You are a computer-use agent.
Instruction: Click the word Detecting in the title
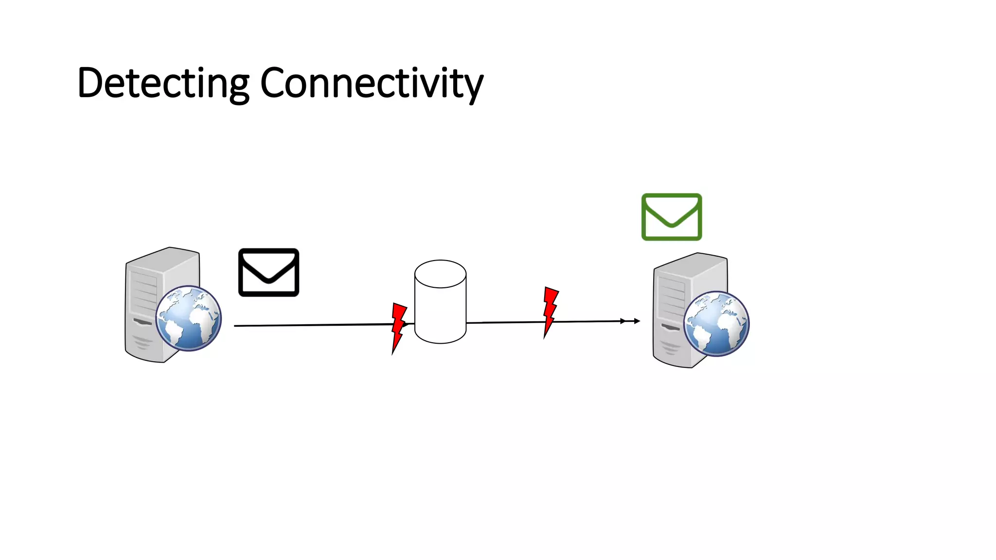163,83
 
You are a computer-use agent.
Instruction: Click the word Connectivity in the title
372,83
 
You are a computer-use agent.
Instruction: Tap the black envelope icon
268,272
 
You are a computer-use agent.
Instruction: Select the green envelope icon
671,217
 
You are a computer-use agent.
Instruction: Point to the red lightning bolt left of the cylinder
398,327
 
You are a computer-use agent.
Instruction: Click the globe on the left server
189,318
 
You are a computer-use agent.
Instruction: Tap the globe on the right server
716,324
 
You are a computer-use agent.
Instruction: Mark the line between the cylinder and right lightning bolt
506,322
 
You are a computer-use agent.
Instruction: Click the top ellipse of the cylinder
440,274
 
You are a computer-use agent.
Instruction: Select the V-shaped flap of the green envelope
671,219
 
